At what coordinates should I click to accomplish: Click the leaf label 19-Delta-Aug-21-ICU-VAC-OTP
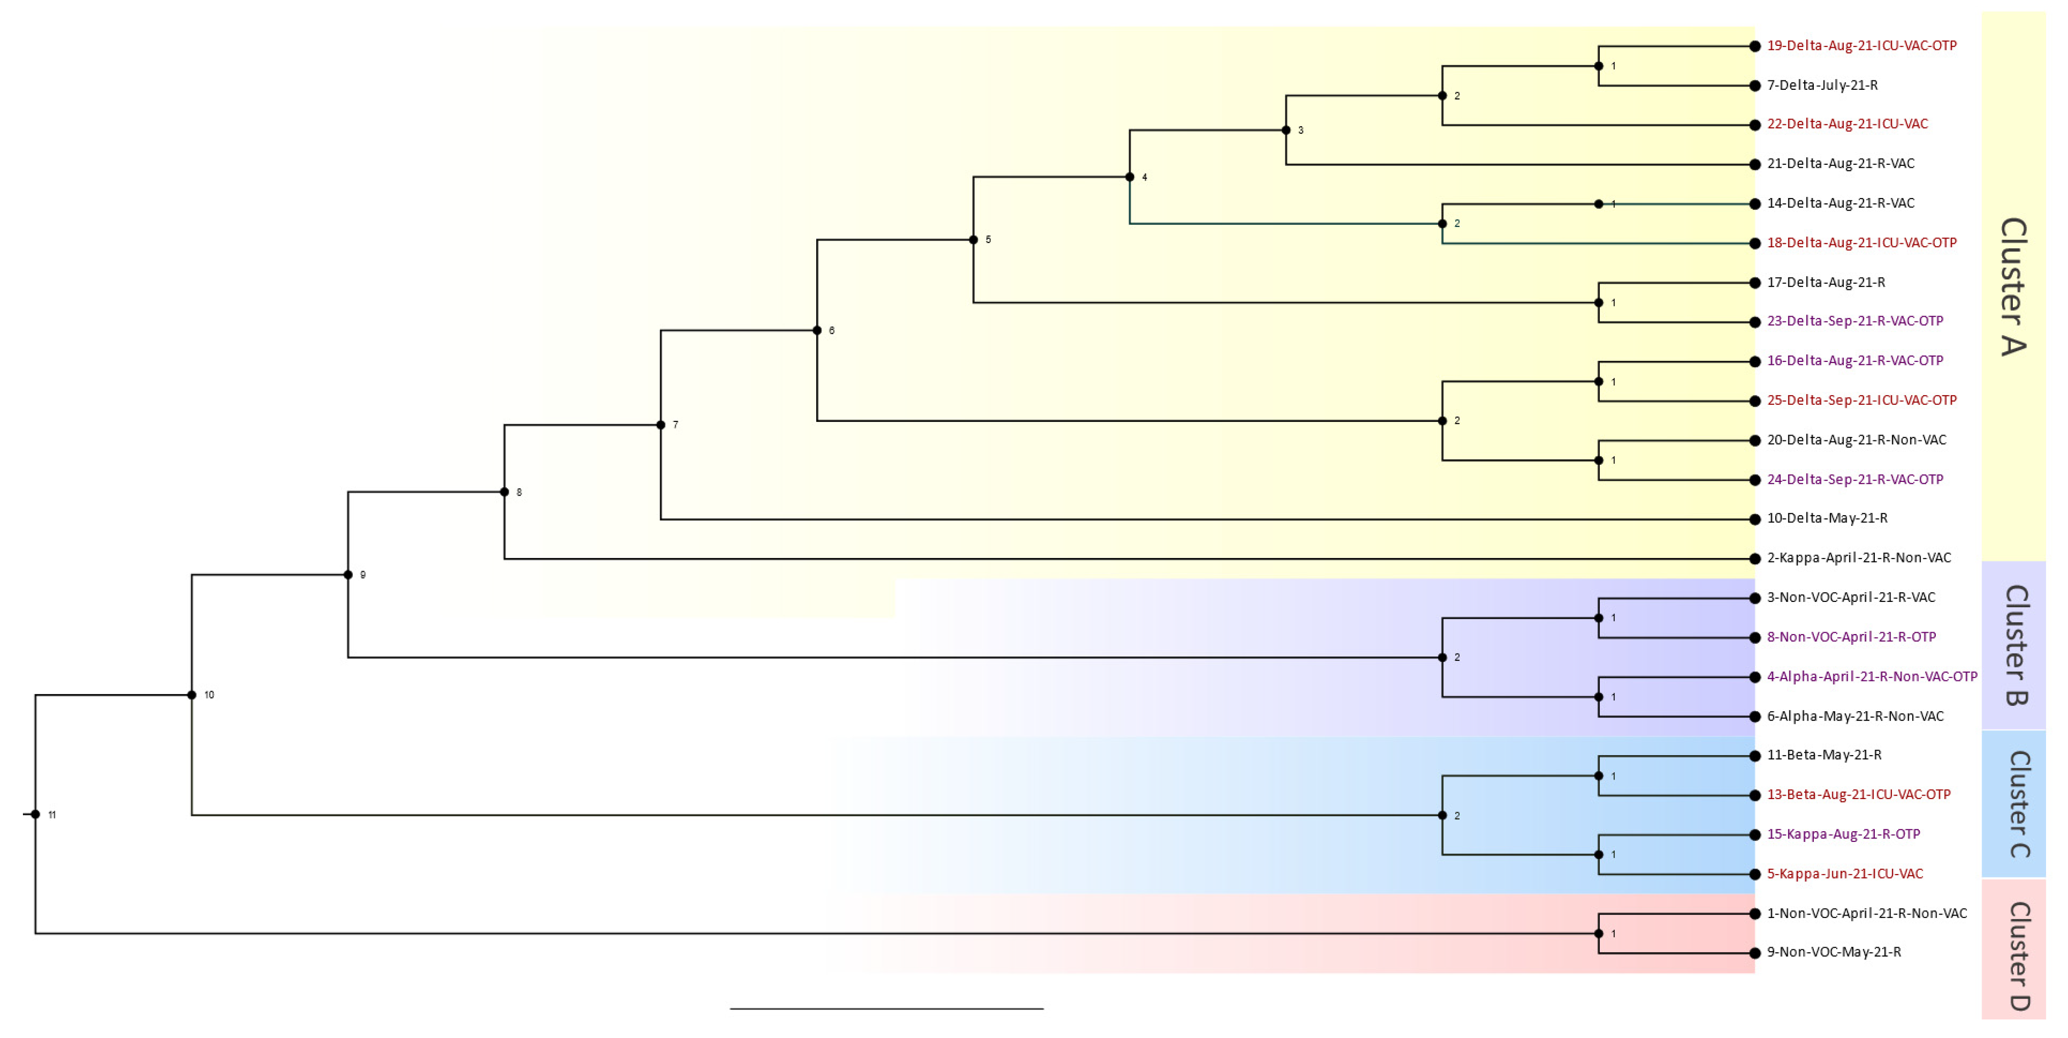point(1861,46)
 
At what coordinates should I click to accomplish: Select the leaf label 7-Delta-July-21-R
point(1822,85)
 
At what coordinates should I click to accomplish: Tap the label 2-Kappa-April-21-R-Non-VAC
point(1859,558)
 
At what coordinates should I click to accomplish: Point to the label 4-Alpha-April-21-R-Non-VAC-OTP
point(1871,677)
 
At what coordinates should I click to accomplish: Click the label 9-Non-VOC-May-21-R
point(1833,952)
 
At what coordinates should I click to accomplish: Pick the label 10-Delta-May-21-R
point(1827,519)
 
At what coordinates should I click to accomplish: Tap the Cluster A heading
point(2013,287)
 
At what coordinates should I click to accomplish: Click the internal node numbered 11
point(35,815)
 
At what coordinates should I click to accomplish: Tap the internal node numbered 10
point(192,695)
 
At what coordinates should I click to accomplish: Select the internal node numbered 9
point(348,575)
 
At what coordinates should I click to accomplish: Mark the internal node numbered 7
point(661,425)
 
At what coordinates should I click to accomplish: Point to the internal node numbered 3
point(1286,130)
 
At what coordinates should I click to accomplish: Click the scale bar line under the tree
point(886,1008)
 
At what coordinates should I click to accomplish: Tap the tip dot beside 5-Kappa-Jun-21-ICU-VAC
point(1755,874)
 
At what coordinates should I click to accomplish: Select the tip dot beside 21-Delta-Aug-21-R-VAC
point(1755,164)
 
